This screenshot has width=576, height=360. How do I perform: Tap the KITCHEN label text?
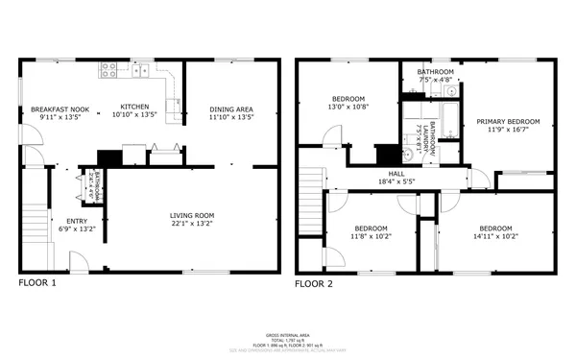click(x=133, y=108)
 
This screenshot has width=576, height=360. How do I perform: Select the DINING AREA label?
click(x=231, y=109)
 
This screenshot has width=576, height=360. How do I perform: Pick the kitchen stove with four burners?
click(x=108, y=69)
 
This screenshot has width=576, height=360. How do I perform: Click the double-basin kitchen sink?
click(x=140, y=69)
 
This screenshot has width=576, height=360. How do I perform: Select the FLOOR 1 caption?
click(x=38, y=284)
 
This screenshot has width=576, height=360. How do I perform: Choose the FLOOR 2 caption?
click(x=313, y=284)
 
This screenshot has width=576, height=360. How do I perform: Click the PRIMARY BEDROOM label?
click(x=508, y=122)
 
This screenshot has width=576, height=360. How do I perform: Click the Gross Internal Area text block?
click(x=287, y=341)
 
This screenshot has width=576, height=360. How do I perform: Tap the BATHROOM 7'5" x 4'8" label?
click(x=435, y=77)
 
